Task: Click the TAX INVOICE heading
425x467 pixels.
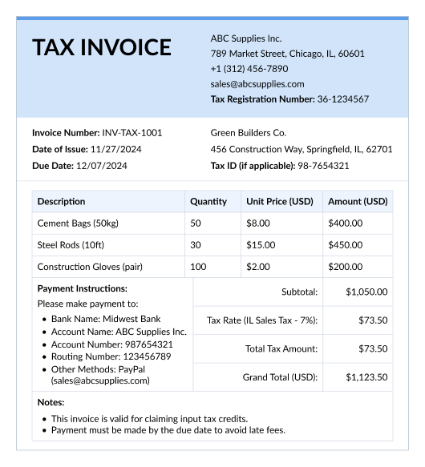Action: tap(102, 47)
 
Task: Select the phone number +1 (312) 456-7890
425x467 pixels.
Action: tap(249, 69)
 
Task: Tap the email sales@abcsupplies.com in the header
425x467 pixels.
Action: tap(257, 84)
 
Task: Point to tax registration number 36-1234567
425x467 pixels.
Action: tap(343, 99)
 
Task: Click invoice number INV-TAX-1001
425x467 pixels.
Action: tap(132, 133)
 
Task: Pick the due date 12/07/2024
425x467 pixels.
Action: tap(102, 166)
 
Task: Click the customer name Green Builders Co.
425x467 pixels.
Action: tap(248, 133)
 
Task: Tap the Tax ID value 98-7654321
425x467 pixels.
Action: tap(323, 166)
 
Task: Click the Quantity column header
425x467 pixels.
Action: tap(208, 202)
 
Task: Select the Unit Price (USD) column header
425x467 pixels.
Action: tap(280, 202)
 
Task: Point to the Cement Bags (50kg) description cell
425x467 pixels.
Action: tap(78, 223)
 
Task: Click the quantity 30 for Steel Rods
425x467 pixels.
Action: tap(196, 245)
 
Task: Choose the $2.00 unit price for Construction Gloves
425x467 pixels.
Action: tap(258, 267)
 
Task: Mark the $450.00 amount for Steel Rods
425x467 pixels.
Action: tap(346, 245)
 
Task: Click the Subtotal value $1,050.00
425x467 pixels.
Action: tap(366, 292)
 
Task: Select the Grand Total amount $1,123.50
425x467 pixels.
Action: tap(366, 377)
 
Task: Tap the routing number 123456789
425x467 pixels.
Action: tap(141, 356)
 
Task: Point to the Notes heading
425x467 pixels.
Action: tap(51, 403)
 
